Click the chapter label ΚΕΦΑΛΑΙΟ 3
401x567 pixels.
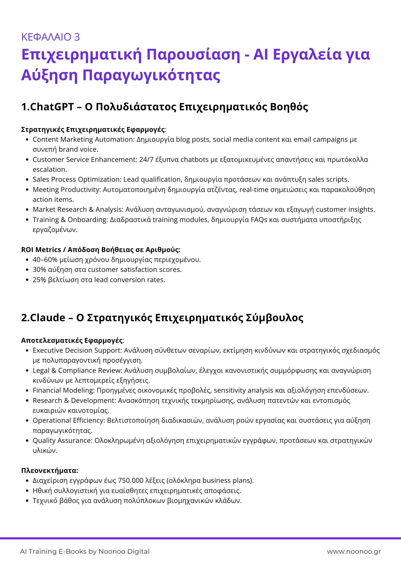point(50,37)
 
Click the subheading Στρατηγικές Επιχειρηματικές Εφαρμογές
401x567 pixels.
point(93,130)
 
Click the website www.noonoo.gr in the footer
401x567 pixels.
point(354,551)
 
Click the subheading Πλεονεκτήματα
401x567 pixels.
point(50,471)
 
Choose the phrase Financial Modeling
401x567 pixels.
point(63,390)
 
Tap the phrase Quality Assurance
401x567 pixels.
point(62,441)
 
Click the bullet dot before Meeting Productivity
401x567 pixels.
point(27,190)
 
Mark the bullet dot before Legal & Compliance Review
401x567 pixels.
point(27,371)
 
